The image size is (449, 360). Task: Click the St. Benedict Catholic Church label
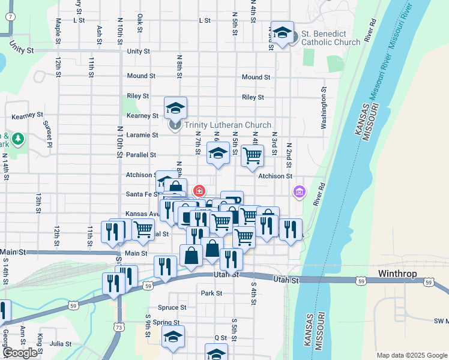pyautogui.click(x=331, y=38)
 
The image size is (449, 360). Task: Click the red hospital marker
pyautogui.click(x=199, y=190)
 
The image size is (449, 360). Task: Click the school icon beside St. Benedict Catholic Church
pyautogui.click(x=282, y=34)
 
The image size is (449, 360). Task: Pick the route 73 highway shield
pyautogui.click(x=119, y=327)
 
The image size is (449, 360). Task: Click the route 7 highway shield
pyautogui.click(x=10, y=16)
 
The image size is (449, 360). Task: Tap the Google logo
pyautogui.click(x=20, y=353)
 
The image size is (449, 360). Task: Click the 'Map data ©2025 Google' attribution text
pyautogui.click(x=411, y=355)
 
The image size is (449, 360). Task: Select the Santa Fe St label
pyautogui.click(x=142, y=194)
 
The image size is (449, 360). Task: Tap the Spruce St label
pyautogui.click(x=173, y=307)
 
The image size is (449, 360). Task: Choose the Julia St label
pyautogui.click(x=61, y=344)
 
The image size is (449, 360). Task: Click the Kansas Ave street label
pyautogui.click(x=141, y=214)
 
